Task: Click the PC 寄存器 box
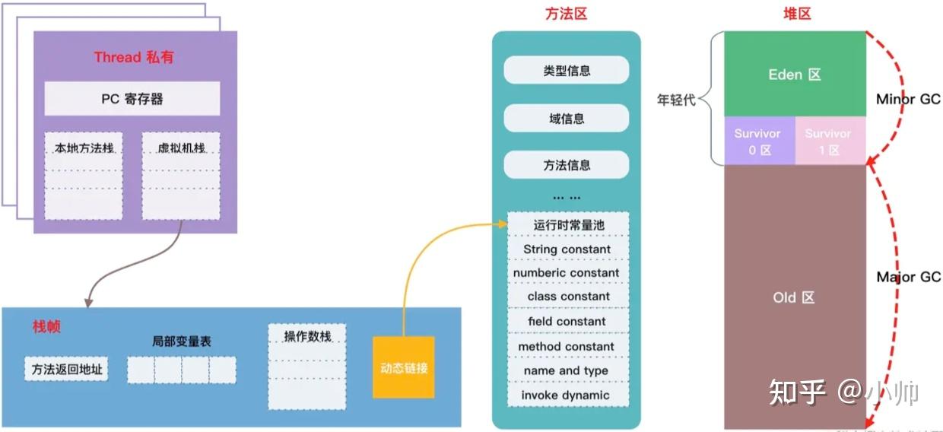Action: point(132,99)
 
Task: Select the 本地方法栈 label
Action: point(84,148)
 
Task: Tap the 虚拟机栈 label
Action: point(180,148)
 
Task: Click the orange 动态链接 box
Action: point(403,367)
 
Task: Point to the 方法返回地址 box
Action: point(66,370)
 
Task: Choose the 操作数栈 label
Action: point(307,336)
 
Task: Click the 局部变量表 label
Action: point(182,341)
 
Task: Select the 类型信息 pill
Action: point(567,71)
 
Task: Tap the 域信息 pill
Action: point(567,119)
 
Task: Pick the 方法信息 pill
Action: point(567,165)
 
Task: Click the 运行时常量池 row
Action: point(568,225)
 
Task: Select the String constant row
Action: point(567,249)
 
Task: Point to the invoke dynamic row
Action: point(565,395)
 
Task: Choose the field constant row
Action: point(567,322)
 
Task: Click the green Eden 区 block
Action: point(795,75)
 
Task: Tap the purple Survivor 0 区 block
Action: point(757,141)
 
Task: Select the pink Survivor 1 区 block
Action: point(829,141)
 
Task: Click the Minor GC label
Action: point(908,100)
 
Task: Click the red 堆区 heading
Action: point(796,14)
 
